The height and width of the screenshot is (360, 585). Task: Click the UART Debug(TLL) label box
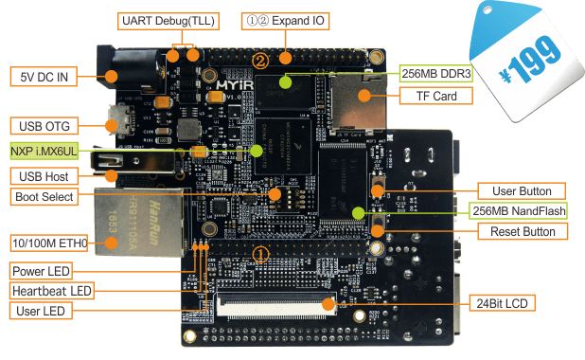click(x=168, y=21)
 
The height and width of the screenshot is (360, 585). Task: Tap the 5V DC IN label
click(x=44, y=77)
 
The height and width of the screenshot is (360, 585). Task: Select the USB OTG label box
click(x=44, y=126)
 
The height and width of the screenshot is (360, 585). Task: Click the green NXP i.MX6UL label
click(x=44, y=151)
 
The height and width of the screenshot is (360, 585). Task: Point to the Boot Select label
click(x=44, y=196)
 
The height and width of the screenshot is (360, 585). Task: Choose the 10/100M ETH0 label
click(x=49, y=243)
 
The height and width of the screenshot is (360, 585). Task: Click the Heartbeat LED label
click(x=52, y=291)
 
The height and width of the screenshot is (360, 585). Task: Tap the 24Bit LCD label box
click(x=503, y=303)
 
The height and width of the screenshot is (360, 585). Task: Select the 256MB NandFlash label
click(x=518, y=210)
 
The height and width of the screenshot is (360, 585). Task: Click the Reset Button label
click(x=523, y=231)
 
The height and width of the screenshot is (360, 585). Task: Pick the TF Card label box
click(x=436, y=96)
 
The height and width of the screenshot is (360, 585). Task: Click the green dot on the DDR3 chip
click(x=286, y=81)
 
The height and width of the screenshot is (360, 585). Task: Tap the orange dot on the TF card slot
click(x=364, y=96)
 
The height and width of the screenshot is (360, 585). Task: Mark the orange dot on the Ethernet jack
click(x=111, y=243)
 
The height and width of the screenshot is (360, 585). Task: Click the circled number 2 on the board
click(x=260, y=61)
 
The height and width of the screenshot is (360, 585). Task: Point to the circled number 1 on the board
click(x=260, y=255)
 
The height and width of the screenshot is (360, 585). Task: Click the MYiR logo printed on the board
click(x=235, y=85)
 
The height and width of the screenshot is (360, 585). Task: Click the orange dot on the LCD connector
click(x=328, y=303)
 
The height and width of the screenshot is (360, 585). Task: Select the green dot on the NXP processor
click(x=257, y=151)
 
